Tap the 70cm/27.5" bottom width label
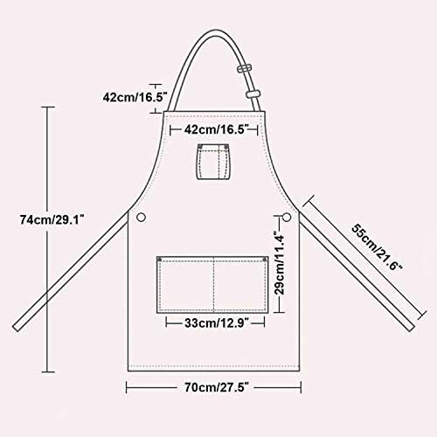(217, 387)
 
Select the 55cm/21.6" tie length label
(377, 247)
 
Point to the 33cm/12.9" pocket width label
(217, 323)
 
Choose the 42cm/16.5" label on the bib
(216, 129)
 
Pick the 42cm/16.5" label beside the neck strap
(135, 97)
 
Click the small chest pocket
(214, 162)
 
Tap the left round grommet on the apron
(141, 217)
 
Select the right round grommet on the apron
(287, 217)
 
